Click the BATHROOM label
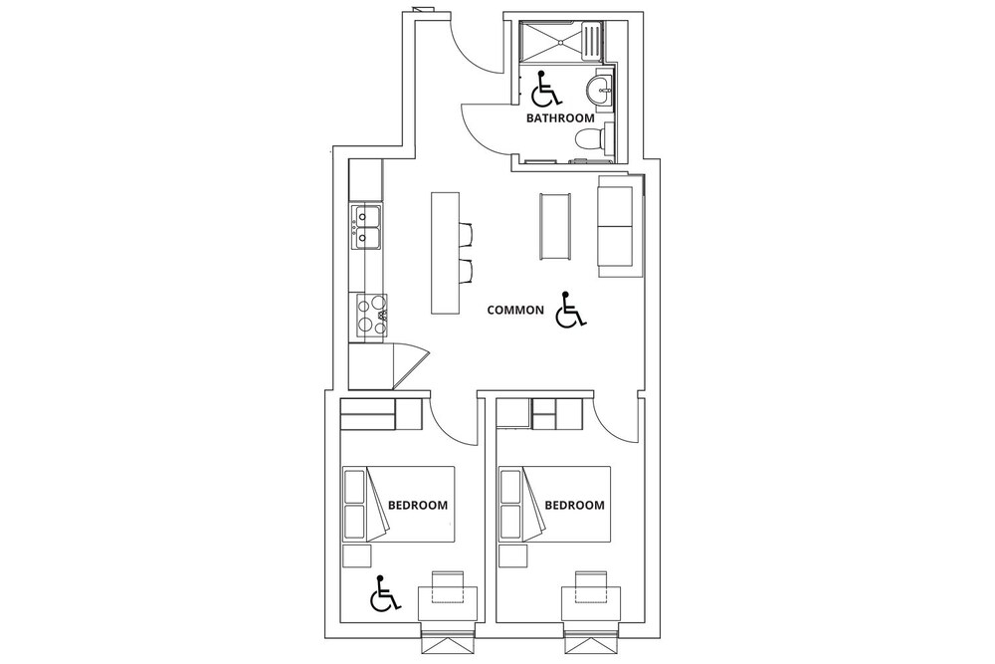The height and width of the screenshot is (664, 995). point(560,118)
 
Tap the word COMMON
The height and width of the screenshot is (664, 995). point(515,310)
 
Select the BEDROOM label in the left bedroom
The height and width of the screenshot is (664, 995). point(418,506)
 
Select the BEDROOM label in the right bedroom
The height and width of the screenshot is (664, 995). point(574,506)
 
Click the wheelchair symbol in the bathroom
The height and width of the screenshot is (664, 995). point(545,89)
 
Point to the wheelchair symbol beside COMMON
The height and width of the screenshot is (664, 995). point(570,311)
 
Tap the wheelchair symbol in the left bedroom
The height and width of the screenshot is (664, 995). point(384,594)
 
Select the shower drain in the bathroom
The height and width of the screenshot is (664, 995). point(561,42)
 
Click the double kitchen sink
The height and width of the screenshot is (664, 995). point(366,228)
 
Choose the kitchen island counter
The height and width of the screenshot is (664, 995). point(446,253)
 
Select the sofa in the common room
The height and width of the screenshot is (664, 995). point(619,226)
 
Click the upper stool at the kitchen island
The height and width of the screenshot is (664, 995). point(465,234)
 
